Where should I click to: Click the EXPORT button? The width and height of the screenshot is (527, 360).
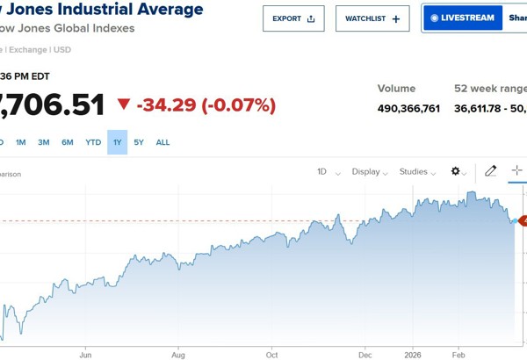point(292,18)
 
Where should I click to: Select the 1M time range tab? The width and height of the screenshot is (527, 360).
point(21,142)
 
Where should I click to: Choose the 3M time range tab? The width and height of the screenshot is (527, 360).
point(44,142)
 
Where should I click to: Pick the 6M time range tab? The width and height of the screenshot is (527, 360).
point(68,142)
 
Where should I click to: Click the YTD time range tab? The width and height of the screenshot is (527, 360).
point(93,142)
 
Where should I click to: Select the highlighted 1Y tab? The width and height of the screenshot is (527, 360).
point(118,142)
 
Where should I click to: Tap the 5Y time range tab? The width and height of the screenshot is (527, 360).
point(139,142)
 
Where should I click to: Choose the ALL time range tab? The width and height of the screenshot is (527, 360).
point(162,142)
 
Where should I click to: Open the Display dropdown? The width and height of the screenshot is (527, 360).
point(371,172)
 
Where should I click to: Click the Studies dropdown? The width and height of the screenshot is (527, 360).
point(418,172)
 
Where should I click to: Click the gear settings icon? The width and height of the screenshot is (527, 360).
point(458,172)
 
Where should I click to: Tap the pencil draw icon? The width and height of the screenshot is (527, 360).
point(491,171)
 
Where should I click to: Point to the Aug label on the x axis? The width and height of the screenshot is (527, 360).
point(178,355)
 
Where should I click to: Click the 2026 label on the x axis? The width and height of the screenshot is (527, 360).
point(412,355)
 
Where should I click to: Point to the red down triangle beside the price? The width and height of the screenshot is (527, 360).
point(124,104)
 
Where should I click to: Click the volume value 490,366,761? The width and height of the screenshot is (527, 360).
point(408,109)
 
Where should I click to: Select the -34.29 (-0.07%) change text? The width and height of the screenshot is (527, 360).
point(206,105)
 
